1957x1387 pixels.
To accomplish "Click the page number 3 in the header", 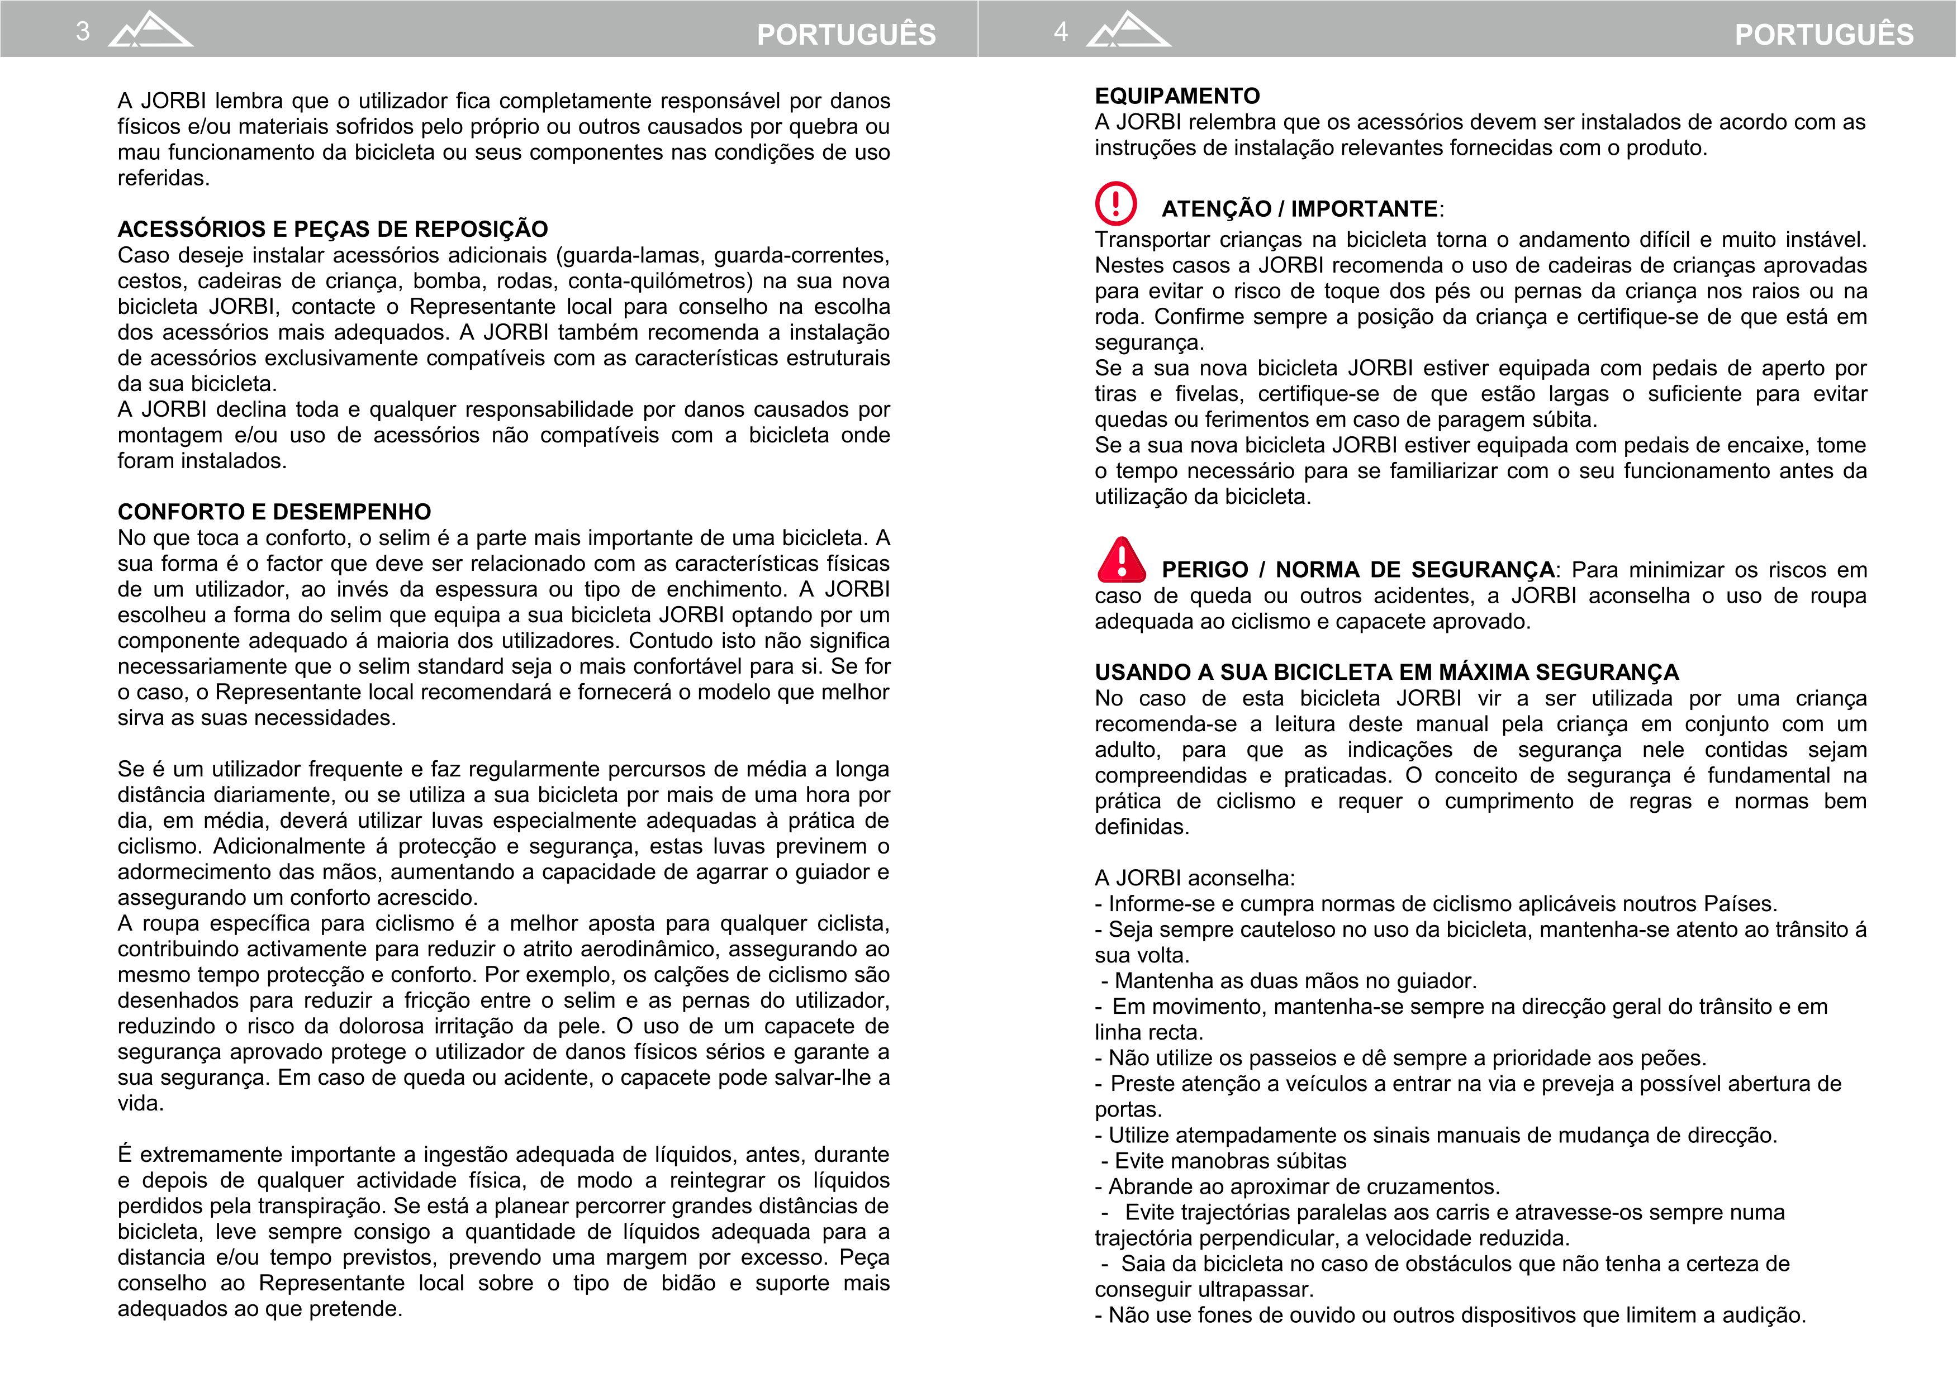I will (x=83, y=32).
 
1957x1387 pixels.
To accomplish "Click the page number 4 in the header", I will (x=1060, y=32).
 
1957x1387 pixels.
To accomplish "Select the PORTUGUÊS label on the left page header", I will (x=845, y=34).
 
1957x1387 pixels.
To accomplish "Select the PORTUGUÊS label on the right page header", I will (x=1824, y=34).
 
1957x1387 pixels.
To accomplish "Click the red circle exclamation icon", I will (x=1115, y=203).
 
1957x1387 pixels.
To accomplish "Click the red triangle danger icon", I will (x=1122, y=560).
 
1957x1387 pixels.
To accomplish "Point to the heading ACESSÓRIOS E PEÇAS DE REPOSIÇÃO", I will (x=332, y=229).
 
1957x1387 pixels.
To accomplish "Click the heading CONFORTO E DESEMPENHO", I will (x=274, y=512).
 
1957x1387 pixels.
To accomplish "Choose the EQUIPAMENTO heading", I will (x=1177, y=96).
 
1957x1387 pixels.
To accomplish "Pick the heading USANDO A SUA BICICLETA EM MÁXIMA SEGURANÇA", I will (x=1386, y=672).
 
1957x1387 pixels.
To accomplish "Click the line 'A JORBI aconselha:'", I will (x=1194, y=878).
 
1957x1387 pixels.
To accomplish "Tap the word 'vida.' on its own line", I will (x=140, y=1103).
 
